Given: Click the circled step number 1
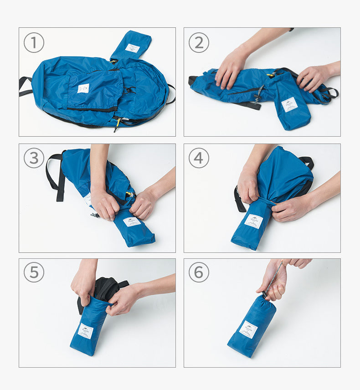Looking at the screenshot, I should (x=34, y=43).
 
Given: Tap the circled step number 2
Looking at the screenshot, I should (x=199, y=43).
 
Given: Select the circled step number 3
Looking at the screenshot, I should (x=34, y=158).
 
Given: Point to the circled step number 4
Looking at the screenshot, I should (x=199, y=158).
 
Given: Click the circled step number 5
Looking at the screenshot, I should (x=34, y=272).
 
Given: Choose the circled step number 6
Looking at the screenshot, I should (x=199, y=272).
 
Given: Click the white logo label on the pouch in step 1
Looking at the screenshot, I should (x=133, y=48).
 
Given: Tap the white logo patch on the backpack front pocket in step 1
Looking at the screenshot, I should (x=83, y=88).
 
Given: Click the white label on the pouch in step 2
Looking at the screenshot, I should (x=289, y=104).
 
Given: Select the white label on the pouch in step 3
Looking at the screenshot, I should (x=132, y=222).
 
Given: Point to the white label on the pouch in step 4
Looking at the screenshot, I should (x=253, y=221).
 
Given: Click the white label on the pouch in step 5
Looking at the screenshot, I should (x=85, y=331).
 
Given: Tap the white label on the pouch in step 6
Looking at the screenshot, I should (x=248, y=329).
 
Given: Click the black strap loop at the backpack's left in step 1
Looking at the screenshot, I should (x=25, y=86).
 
